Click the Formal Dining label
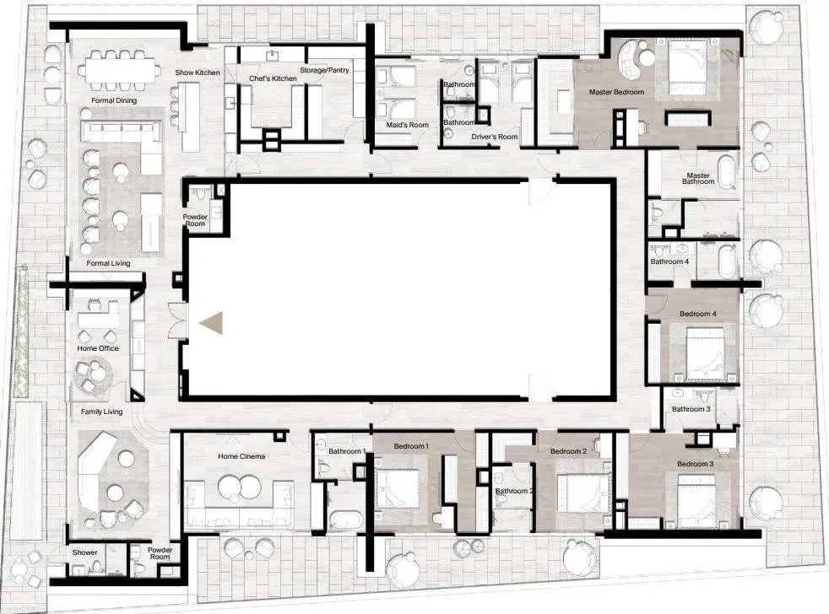[x=114, y=100]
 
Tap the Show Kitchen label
[x=198, y=73]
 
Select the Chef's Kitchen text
[x=273, y=78]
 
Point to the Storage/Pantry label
[x=324, y=70]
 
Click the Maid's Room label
[x=407, y=125]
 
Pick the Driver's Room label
[x=495, y=137]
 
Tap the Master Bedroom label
[x=616, y=92]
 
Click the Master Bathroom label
[x=698, y=179]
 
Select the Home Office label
[x=98, y=348]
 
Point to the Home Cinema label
[x=241, y=456]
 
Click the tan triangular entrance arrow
[x=212, y=323]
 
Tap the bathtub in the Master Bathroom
[x=729, y=172]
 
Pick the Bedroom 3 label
[x=696, y=464]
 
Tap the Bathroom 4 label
[x=669, y=261]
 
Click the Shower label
[x=84, y=552]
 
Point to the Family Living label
[x=101, y=412]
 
